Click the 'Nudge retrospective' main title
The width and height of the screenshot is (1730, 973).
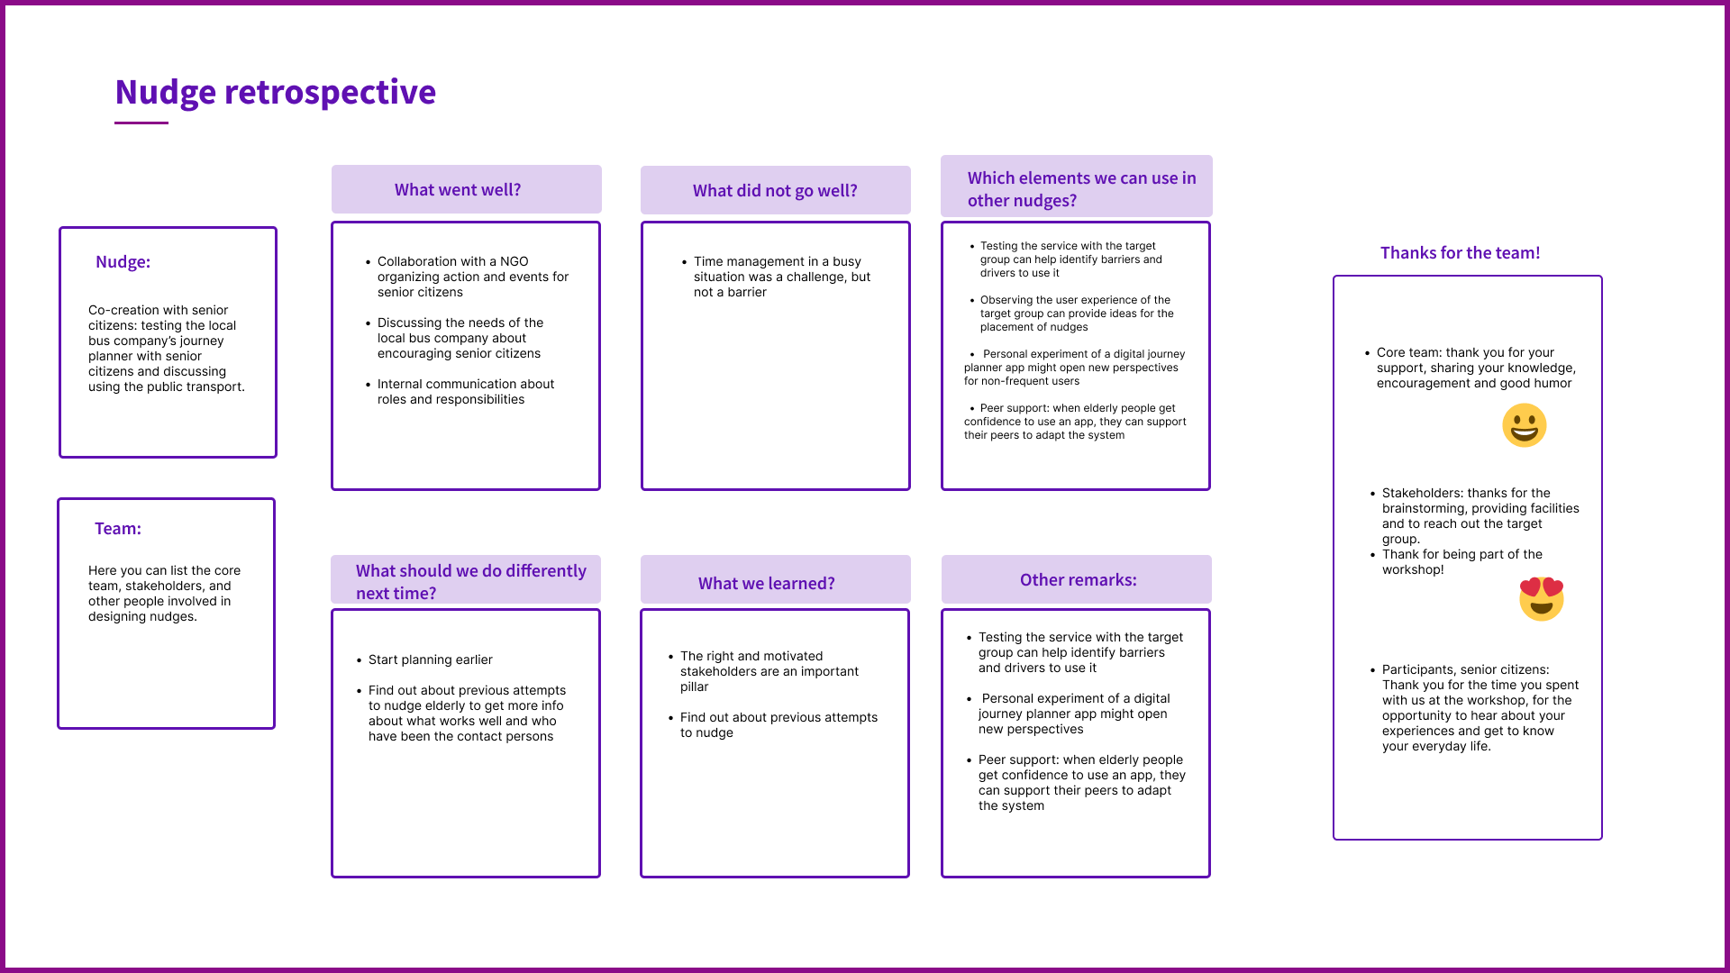(275, 92)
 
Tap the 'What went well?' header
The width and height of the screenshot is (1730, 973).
(458, 190)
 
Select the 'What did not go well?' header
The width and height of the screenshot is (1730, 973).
(775, 191)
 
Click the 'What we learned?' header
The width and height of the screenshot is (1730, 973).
(766, 584)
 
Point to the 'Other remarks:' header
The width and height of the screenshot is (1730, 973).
(1078, 580)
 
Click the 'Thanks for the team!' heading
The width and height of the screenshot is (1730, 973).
(1460, 253)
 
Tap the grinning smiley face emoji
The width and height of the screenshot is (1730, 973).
(1524, 425)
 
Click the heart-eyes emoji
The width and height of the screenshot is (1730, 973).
(1541, 599)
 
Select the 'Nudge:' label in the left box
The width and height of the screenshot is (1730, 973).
(123, 262)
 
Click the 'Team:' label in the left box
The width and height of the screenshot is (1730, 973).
(118, 529)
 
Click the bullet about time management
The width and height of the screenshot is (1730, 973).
(777, 277)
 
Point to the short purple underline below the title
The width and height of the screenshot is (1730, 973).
(141, 123)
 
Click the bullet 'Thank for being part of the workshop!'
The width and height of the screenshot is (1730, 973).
(1457, 562)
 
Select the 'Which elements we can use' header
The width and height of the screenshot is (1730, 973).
(1081, 189)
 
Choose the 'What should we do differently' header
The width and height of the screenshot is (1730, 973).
(470, 582)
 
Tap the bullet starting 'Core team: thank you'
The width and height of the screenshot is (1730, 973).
(1470, 368)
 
